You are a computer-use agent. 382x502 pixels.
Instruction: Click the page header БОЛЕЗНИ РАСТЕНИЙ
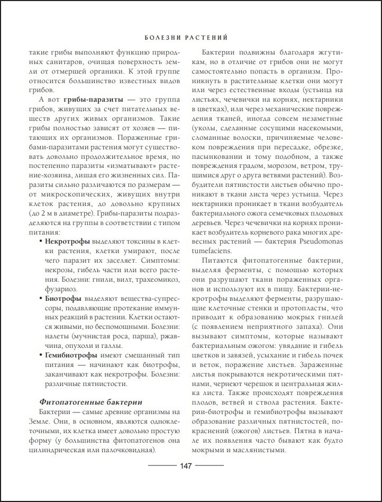(185, 38)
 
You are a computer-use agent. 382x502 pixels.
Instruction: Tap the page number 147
(185, 465)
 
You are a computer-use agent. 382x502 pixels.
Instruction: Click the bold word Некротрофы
(67, 241)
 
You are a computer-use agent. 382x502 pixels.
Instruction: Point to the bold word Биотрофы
(61, 299)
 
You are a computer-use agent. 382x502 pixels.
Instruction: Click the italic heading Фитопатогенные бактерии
(88, 402)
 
